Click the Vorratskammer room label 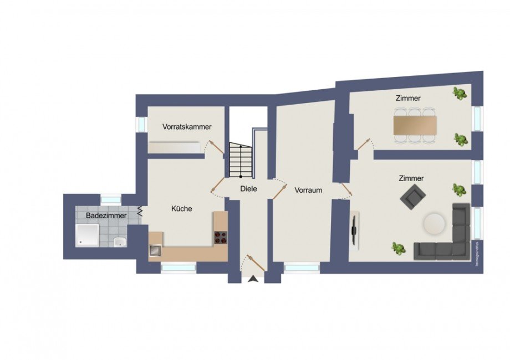pos(187,127)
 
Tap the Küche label pos(181,209)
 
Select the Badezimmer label pos(106,215)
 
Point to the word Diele pos(248,189)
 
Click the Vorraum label pos(308,190)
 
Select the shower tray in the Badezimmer pos(87,235)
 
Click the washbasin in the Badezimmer pos(118,241)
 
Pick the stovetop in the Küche pos(221,236)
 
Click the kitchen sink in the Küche pos(155,250)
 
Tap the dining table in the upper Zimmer pos(415,125)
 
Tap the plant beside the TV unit pos(397,248)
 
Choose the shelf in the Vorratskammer pos(174,147)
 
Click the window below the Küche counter pos(178,268)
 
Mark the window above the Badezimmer pos(110,199)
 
